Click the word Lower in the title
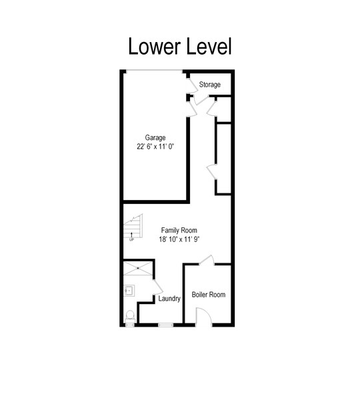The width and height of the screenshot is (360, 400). [154, 46]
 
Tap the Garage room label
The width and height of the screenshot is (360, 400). [155, 138]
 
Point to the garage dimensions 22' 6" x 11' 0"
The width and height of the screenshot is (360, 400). [155, 147]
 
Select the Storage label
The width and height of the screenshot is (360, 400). [210, 85]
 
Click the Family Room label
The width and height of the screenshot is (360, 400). [179, 231]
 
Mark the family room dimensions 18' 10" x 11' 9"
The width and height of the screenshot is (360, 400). [179, 239]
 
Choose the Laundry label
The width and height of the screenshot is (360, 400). [169, 299]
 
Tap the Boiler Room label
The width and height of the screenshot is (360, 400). [209, 295]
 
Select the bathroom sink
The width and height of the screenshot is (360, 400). [129, 291]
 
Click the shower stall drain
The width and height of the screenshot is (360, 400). [138, 268]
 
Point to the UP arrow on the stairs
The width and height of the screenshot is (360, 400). [131, 235]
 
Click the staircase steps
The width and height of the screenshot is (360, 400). [133, 226]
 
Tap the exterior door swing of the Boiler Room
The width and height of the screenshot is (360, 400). [204, 317]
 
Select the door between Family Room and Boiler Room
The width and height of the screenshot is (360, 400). [207, 260]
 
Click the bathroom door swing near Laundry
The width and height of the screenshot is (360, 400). [158, 287]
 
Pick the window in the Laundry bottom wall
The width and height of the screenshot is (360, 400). [165, 325]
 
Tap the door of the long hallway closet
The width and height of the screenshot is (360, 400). [211, 172]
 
